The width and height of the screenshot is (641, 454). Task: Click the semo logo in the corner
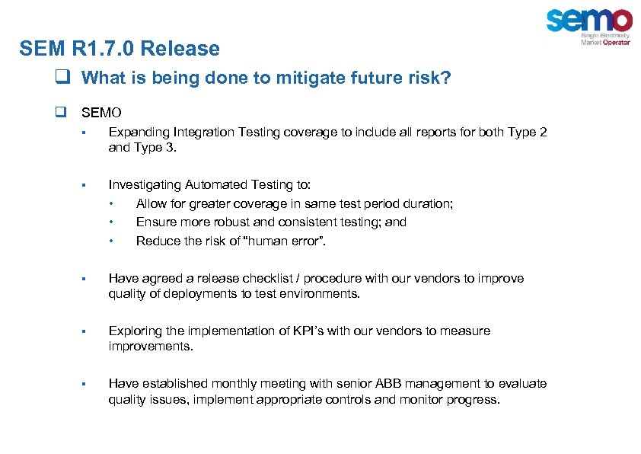588,21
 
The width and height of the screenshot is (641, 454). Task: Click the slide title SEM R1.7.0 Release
120,50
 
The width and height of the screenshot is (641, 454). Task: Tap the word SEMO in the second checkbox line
100,113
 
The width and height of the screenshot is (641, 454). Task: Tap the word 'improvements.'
151,347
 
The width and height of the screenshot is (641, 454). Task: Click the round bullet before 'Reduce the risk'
112,241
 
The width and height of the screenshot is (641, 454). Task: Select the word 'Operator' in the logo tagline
617,43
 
